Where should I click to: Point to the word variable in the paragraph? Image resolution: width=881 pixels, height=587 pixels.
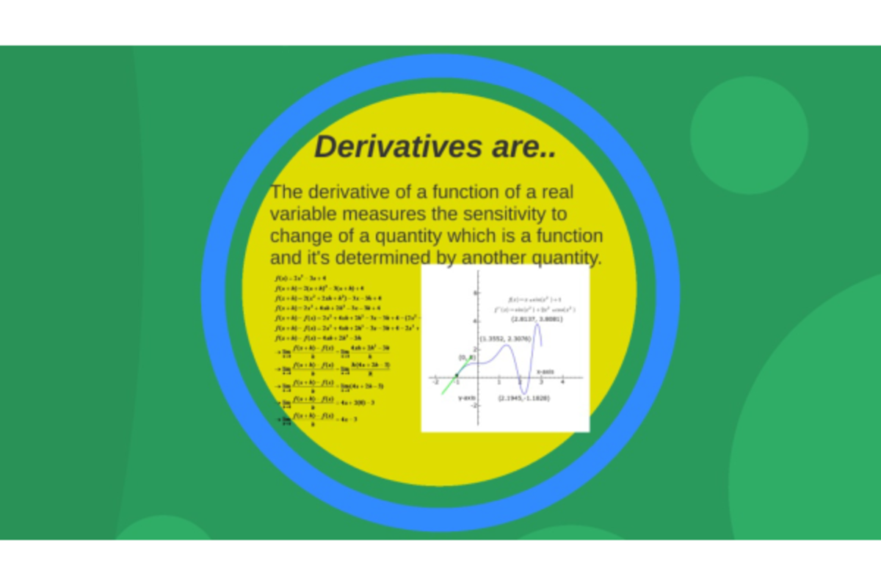[301, 214]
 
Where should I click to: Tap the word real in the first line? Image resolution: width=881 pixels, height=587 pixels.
[557, 192]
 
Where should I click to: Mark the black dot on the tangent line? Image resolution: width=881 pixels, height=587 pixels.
[457, 376]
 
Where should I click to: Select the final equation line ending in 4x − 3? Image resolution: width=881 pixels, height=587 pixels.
[316, 419]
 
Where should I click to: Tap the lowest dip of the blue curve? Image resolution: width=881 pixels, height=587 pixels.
[526, 392]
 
